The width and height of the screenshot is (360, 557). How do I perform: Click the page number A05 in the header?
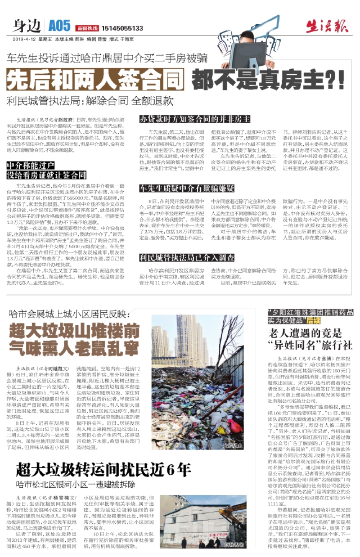[x=60, y=26]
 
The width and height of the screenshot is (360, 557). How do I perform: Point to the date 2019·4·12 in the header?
[x=24, y=39]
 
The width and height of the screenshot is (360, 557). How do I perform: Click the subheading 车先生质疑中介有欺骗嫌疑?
[x=191, y=188]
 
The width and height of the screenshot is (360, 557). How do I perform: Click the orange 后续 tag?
[x=314, y=320]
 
